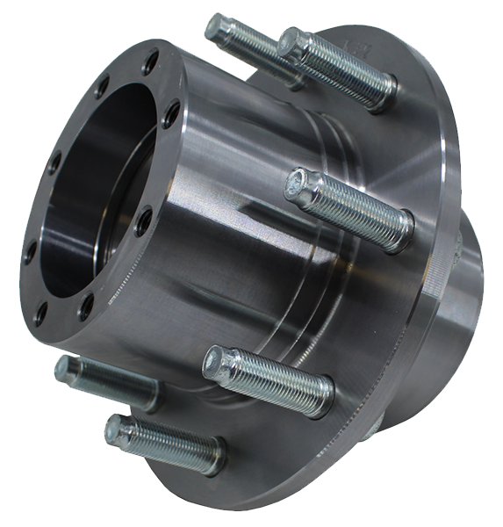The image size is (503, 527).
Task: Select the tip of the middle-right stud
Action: point(298,183)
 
